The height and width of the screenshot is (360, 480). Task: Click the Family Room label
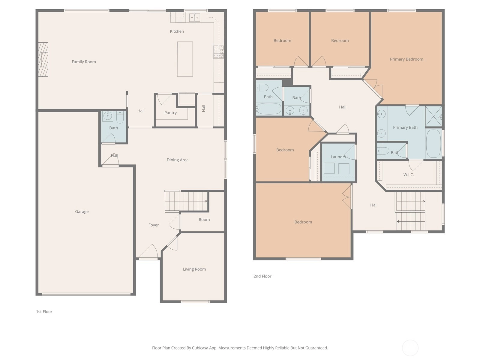click(84, 62)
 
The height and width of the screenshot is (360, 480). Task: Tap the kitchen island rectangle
click(185, 59)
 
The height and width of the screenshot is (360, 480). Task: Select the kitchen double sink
click(194, 17)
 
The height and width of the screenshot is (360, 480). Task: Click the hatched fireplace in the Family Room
click(43, 59)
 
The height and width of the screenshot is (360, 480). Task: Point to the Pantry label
click(170, 113)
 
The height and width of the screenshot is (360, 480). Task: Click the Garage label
click(82, 211)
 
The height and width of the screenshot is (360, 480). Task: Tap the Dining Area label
click(178, 160)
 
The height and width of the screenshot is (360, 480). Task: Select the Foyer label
click(154, 225)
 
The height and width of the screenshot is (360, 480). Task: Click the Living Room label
click(194, 269)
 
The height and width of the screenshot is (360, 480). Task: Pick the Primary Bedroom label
click(406, 59)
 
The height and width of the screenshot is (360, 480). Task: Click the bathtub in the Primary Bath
click(433, 144)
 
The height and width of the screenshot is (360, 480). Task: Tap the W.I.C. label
click(409, 175)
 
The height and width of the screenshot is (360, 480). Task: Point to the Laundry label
click(338, 157)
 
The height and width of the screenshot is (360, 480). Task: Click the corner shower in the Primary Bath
click(433, 116)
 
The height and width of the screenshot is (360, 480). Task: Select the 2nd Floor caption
click(262, 276)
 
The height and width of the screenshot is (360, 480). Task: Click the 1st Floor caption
click(44, 312)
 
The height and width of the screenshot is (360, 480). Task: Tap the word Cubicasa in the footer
click(200, 348)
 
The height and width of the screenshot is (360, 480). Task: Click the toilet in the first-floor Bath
click(120, 117)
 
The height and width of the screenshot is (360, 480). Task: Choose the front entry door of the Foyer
click(148, 252)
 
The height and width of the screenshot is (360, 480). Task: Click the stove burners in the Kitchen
click(218, 52)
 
